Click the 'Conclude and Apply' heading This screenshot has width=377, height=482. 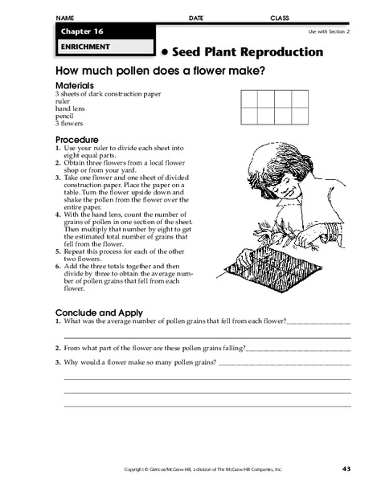98,312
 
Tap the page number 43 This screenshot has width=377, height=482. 346,468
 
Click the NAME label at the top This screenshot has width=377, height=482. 65,17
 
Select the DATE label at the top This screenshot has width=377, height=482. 196,17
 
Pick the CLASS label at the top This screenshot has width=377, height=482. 280,17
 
